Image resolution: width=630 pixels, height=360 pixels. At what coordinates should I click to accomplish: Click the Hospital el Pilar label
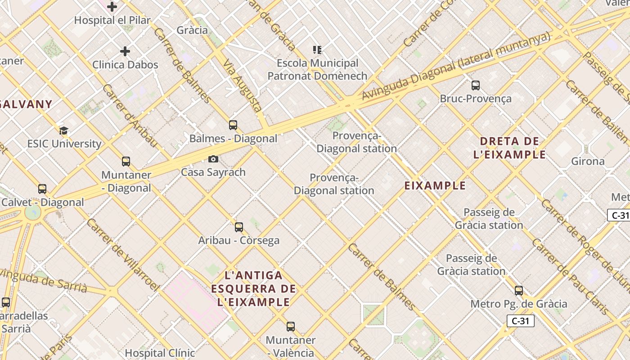(x=112, y=20)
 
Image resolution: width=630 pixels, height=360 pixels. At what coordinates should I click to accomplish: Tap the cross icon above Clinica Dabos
(x=125, y=51)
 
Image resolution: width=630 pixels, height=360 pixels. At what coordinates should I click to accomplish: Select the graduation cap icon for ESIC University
(x=63, y=131)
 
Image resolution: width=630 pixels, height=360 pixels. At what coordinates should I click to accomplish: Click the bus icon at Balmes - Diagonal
(x=233, y=125)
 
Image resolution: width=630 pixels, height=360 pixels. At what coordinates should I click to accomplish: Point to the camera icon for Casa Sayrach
(x=213, y=159)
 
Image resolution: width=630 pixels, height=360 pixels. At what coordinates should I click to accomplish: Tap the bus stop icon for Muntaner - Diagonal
(x=126, y=162)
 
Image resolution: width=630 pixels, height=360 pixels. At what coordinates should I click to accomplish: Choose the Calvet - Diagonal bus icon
(x=42, y=189)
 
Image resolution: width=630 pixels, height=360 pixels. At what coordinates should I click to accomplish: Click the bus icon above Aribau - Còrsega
(x=239, y=227)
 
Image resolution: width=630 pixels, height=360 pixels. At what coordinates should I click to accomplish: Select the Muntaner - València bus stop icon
(x=291, y=327)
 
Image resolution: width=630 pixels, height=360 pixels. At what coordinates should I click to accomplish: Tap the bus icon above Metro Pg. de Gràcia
(x=519, y=291)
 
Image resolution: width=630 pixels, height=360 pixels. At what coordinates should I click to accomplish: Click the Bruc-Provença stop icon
(x=476, y=85)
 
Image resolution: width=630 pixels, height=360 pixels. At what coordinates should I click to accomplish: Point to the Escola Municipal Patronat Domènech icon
(x=317, y=50)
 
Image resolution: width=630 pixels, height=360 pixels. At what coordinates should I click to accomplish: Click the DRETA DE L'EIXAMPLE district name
(x=509, y=148)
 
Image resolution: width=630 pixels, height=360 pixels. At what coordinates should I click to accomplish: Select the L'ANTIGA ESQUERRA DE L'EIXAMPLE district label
(x=254, y=288)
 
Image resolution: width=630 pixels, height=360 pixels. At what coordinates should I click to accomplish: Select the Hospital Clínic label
(x=160, y=353)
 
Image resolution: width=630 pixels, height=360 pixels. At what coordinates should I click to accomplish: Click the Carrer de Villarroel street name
(x=122, y=254)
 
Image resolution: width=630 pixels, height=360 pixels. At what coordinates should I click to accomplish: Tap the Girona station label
(x=588, y=161)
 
